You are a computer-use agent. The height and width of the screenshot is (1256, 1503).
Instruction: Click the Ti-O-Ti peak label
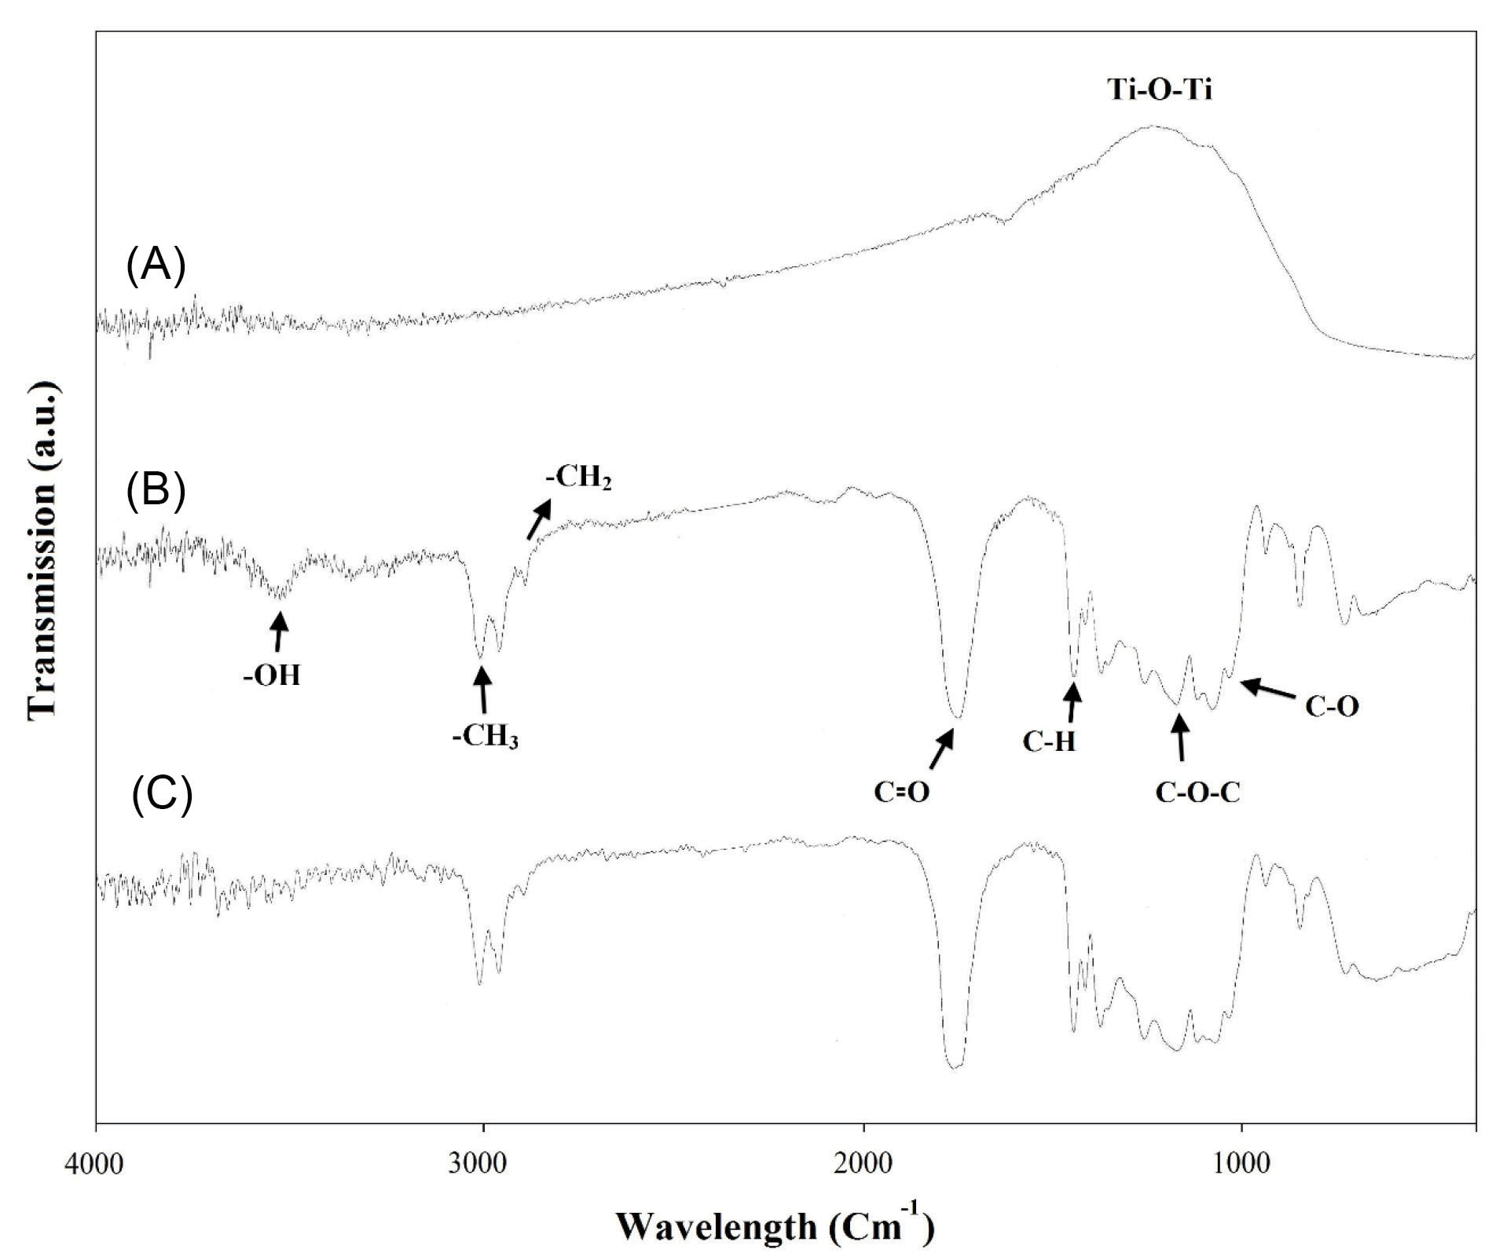coord(1160,90)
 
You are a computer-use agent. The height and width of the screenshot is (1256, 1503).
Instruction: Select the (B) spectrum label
coord(156,491)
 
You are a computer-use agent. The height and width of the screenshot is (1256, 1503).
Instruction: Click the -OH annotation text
coord(272,676)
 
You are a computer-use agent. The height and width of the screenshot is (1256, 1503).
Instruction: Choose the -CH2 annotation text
coord(578,478)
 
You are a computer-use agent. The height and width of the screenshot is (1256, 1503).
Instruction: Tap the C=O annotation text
coord(902,792)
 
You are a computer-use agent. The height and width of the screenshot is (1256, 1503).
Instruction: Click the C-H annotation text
coord(1049,742)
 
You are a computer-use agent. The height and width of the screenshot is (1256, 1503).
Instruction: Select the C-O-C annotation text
coord(1197,793)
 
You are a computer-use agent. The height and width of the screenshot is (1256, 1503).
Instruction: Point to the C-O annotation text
coord(1332,707)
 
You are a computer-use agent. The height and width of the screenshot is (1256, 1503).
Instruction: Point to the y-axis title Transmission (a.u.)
coord(43,550)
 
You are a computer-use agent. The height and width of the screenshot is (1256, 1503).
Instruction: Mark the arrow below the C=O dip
coord(941,749)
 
